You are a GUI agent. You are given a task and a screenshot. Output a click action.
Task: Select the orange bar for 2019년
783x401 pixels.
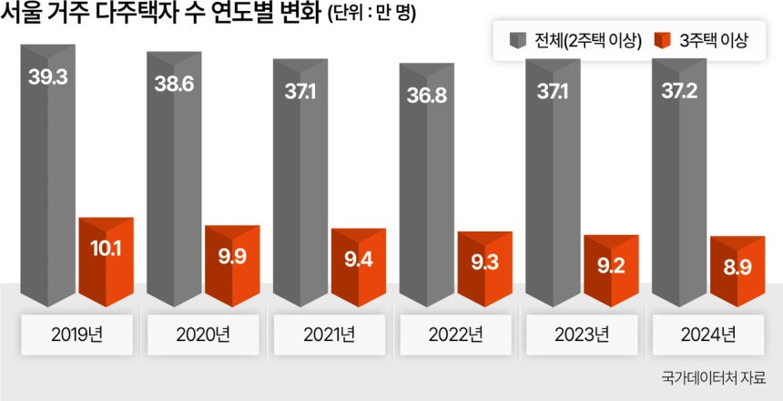(x=107, y=264)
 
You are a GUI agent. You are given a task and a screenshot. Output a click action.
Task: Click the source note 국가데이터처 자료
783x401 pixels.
(x=715, y=378)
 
